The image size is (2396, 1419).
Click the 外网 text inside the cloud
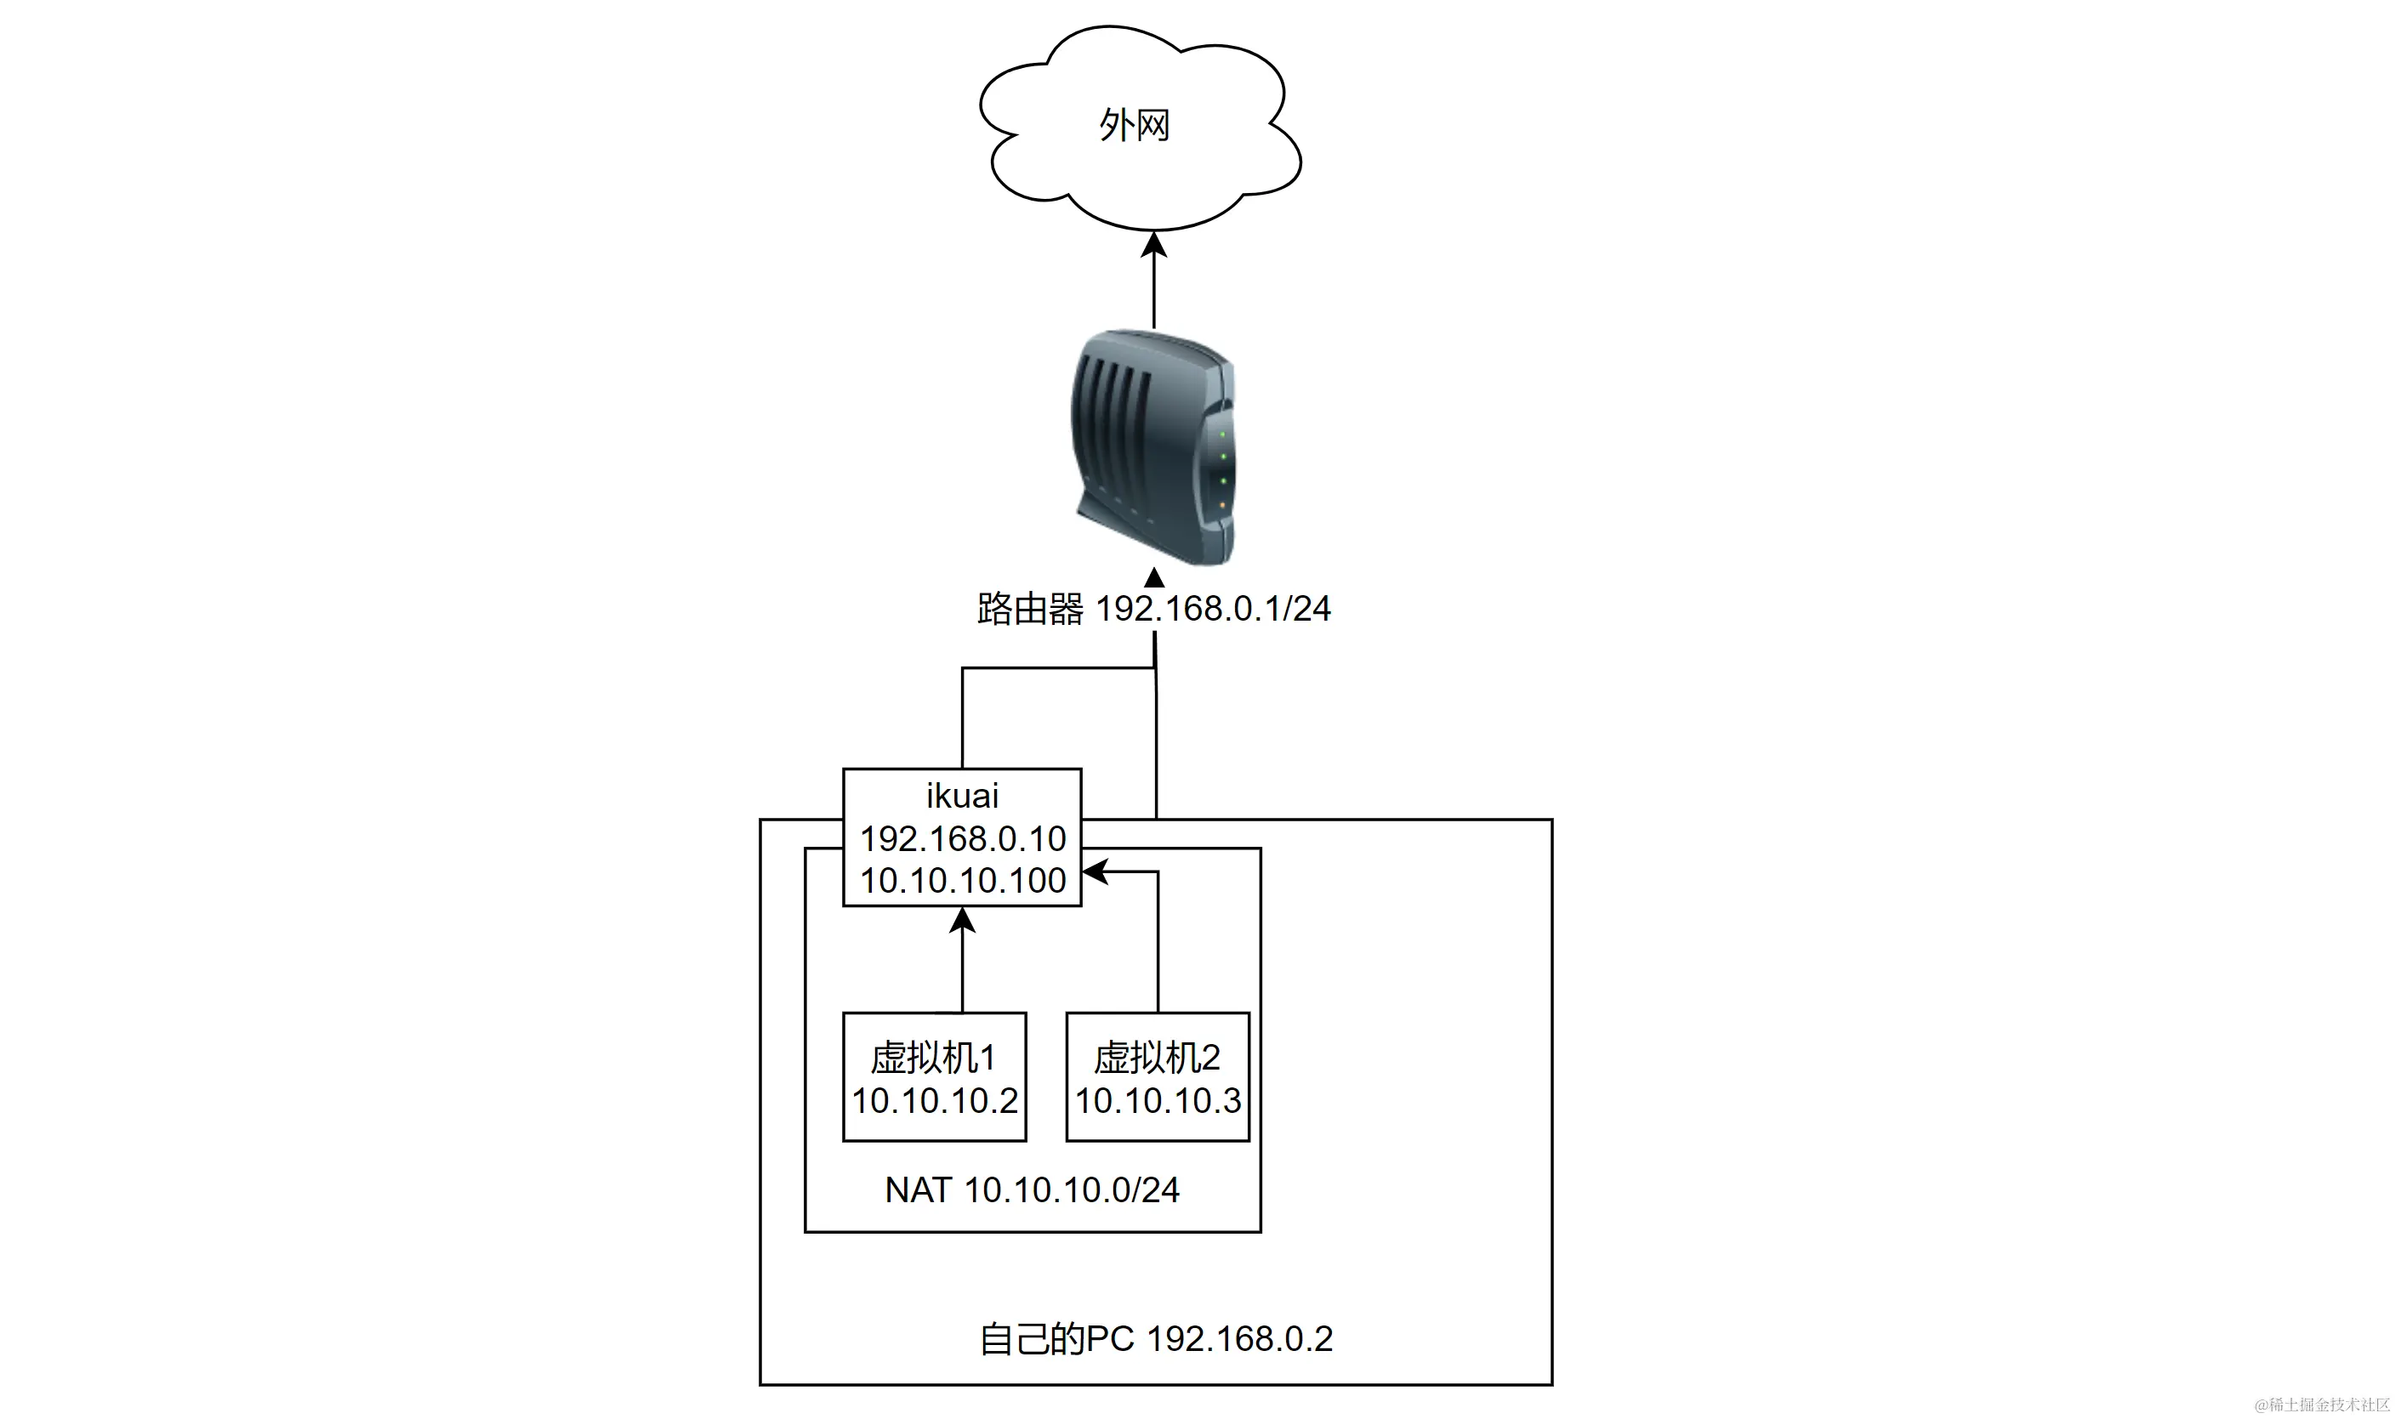(1135, 125)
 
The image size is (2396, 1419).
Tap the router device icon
(1153, 446)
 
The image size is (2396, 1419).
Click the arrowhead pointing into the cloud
(1154, 245)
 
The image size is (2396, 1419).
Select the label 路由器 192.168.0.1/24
(1153, 609)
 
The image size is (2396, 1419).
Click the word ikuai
(962, 796)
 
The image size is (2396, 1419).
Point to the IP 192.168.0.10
(962, 838)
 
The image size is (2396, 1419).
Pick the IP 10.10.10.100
(962, 881)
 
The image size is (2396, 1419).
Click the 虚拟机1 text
(934, 1058)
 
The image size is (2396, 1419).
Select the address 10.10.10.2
(935, 1100)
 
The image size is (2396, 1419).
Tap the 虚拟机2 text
(1158, 1058)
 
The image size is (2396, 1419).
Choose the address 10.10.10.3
(1158, 1100)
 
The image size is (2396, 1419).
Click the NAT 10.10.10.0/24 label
(1032, 1189)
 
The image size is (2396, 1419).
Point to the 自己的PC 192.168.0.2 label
(1155, 1339)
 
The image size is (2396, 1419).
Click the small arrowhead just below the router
(1154, 577)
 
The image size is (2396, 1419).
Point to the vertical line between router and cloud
(1154, 292)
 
